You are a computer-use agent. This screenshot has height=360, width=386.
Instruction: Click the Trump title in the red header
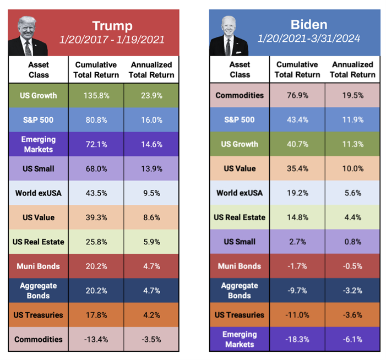(x=112, y=26)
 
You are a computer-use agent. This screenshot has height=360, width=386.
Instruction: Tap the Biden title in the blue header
(x=309, y=25)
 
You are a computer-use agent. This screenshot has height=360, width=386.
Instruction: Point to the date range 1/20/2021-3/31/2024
(x=309, y=39)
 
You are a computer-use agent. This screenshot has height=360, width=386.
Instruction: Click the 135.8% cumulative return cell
(x=96, y=96)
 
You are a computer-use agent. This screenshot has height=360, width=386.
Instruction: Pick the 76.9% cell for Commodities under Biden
(x=297, y=95)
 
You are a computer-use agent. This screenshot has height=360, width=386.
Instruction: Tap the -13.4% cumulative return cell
(x=96, y=340)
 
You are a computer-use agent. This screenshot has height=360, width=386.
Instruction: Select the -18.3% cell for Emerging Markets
(x=297, y=339)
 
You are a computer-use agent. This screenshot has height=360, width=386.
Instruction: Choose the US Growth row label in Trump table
(x=39, y=96)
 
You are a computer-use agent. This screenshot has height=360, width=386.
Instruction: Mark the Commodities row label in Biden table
(x=240, y=95)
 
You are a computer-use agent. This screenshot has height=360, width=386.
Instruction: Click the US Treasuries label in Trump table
(x=39, y=315)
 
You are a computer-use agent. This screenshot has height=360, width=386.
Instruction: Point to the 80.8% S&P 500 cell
(x=96, y=120)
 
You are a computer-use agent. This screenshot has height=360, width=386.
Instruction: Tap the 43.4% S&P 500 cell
(x=297, y=119)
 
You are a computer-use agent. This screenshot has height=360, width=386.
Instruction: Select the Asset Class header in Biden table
(x=240, y=69)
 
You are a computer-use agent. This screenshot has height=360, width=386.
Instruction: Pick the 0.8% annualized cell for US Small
(x=353, y=242)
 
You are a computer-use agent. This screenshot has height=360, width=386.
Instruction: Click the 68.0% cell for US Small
(x=96, y=169)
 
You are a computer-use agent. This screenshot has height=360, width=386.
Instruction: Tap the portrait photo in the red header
(x=29, y=36)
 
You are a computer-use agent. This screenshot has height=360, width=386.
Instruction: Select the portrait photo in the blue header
(x=228, y=36)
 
